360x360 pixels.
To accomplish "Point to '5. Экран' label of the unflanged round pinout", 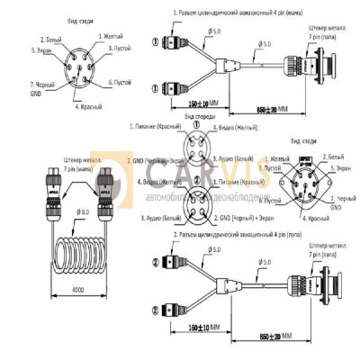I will point(21,50).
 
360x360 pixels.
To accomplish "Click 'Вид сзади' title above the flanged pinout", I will point(307,141).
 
